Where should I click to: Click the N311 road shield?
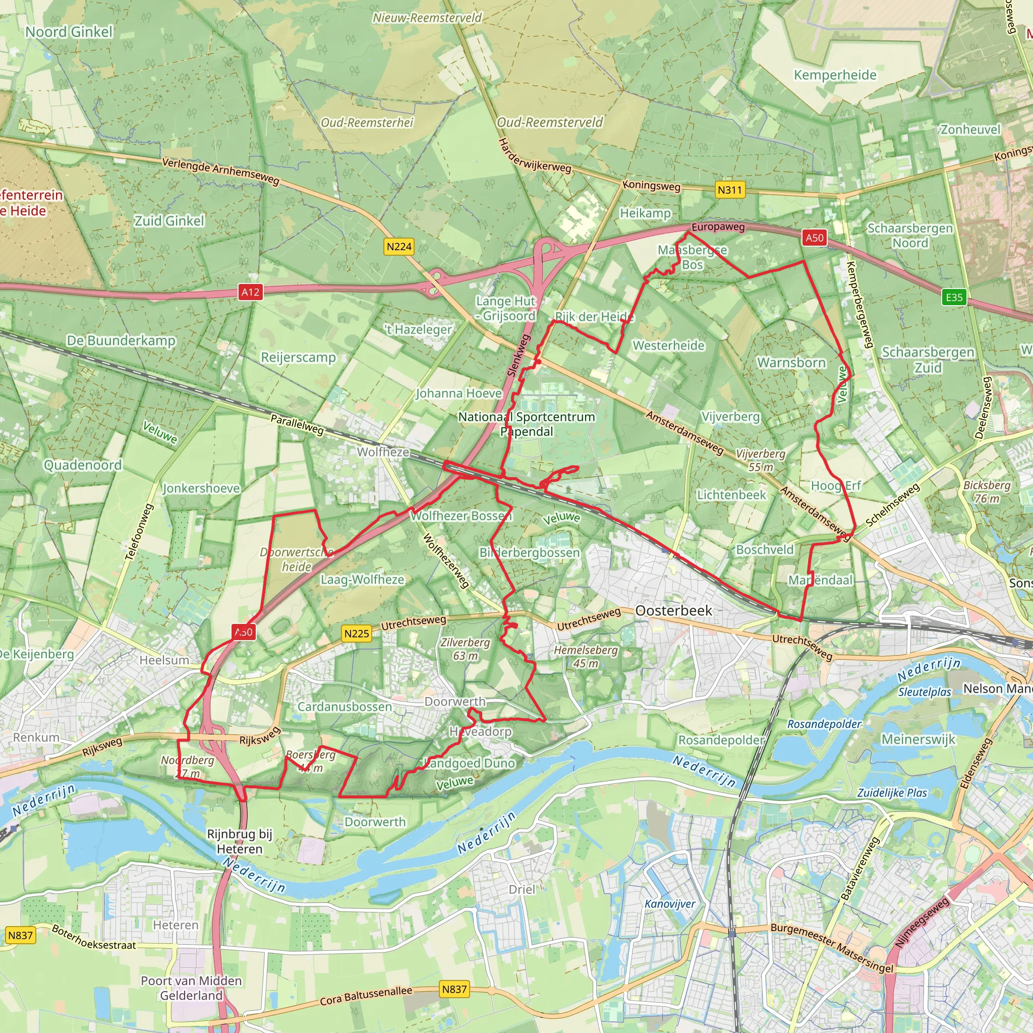point(730,190)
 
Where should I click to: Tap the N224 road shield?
point(399,247)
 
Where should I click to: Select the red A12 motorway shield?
point(250,292)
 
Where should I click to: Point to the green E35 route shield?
point(954,297)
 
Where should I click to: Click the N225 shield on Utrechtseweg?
point(357,634)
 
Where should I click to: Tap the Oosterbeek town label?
point(674,611)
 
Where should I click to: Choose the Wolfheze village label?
point(383,452)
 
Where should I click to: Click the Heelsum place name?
point(164,660)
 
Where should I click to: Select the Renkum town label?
point(36,737)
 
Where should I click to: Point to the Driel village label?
point(522,889)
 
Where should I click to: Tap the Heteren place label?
point(176,925)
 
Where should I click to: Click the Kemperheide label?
point(835,75)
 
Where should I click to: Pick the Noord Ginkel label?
point(69,32)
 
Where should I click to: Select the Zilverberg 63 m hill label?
point(465,649)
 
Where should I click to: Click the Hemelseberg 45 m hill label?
point(586,657)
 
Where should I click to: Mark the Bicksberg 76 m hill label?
point(987,491)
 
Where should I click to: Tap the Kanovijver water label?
point(670,903)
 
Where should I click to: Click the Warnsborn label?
point(791,363)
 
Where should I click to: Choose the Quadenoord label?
point(82,465)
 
